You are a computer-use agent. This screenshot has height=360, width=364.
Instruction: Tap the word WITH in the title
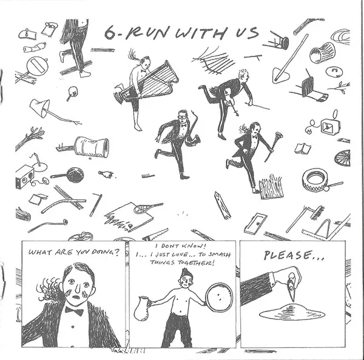[200, 33]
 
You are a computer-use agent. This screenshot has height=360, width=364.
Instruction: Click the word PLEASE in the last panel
[287, 255]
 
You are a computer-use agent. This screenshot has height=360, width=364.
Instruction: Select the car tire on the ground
[314, 180]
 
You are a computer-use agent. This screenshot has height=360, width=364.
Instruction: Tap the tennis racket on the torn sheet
[147, 208]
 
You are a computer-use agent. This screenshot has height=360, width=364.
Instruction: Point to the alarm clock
[330, 127]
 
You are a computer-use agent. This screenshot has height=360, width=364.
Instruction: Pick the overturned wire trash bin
[322, 52]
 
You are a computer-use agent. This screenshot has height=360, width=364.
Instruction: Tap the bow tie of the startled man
[74, 311]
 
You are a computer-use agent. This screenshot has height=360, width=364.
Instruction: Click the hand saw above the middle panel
[155, 235]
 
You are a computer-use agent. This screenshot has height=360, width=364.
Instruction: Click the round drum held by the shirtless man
[219, 298]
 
